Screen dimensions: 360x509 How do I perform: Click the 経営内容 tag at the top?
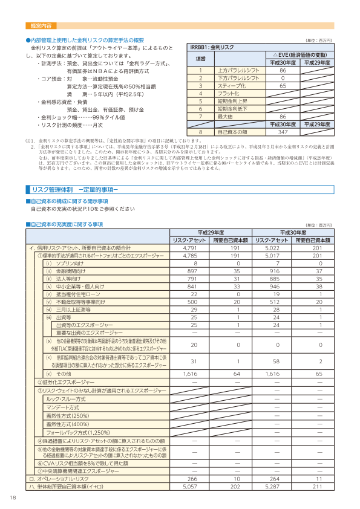click(41, 27)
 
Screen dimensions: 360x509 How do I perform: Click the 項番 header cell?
click(200, 59)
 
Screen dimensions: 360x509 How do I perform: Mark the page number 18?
click(13, 497)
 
